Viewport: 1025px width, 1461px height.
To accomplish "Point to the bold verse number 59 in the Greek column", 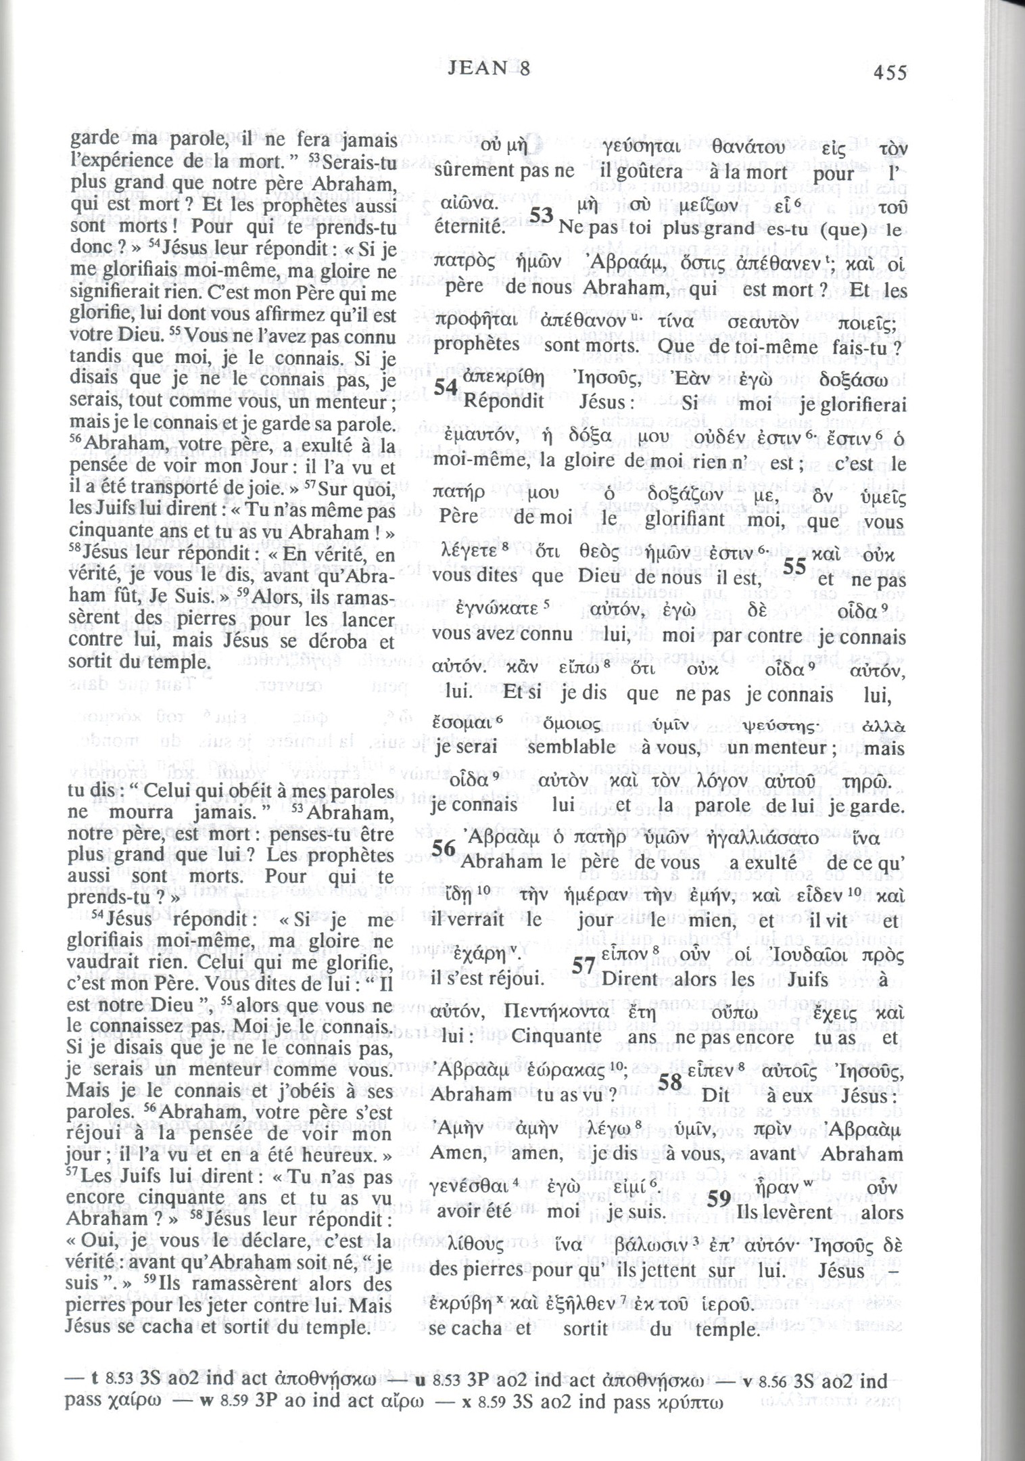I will pyautogui.click(x=718, y=1199).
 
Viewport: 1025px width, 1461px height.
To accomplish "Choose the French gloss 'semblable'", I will pyautogui.click(x=571, y=747).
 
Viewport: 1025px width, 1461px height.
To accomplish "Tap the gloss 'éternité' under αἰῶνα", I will pyautogui.click(x=469, y=226).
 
